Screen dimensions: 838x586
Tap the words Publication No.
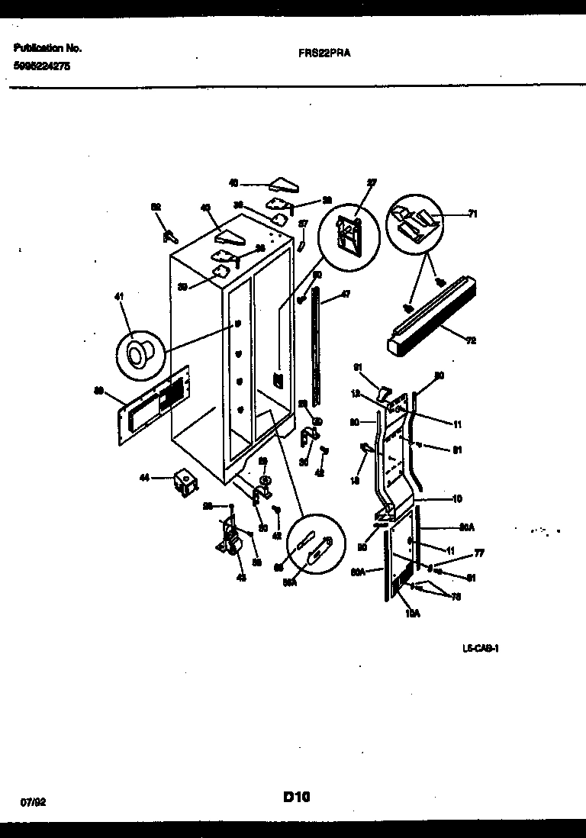(47, 48)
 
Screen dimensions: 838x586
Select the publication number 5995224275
(43, 66)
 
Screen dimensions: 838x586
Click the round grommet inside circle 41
(139, 355)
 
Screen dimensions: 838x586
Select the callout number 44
(143, 479)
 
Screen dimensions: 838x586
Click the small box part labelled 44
(184, 481)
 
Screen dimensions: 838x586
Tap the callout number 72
(471, 340)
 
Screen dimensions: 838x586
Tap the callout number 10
(457, 499)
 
